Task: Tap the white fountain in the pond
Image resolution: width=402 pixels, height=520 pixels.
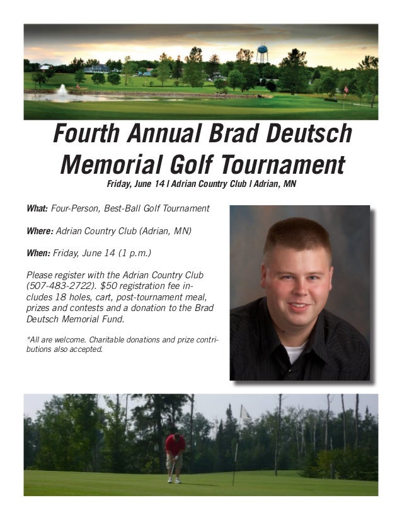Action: [62, 92]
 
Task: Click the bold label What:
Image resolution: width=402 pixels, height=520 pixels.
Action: [37, 208]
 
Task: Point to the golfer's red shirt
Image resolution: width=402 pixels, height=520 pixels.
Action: [175, 444]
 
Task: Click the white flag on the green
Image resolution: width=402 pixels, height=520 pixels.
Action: [244, 412]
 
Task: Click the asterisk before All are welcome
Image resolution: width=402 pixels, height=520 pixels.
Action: [28, 339]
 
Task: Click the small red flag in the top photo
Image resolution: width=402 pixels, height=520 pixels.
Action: [345, 89]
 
